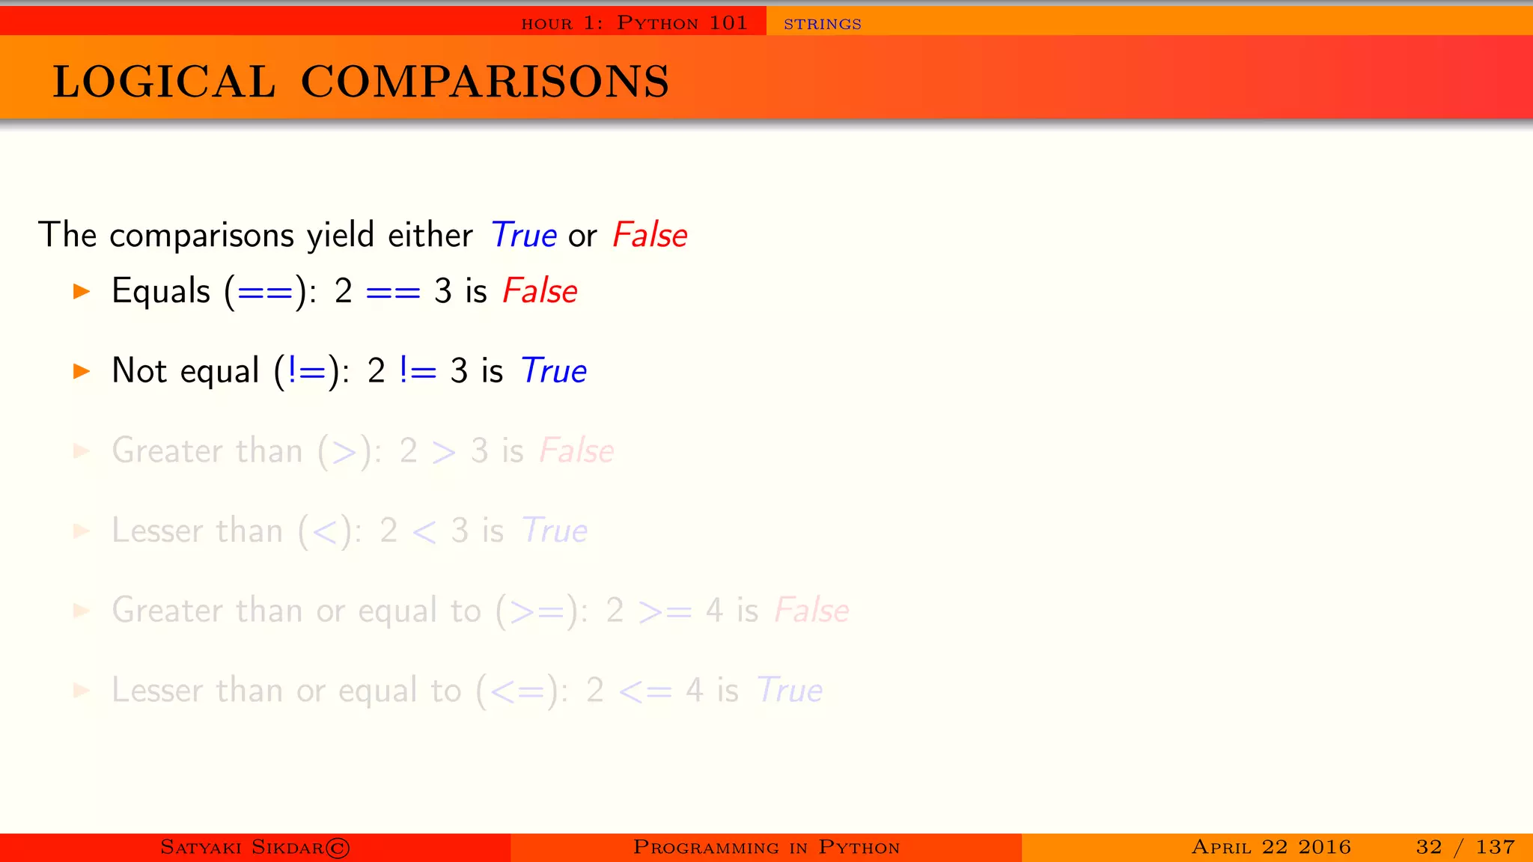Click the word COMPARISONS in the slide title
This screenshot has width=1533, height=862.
484,82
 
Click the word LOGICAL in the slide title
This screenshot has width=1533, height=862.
164,82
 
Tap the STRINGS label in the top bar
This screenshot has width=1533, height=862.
822,24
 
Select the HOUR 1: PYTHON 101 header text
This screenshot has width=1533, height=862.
634,23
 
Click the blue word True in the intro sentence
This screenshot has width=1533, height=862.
523,235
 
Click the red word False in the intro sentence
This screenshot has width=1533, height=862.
649,235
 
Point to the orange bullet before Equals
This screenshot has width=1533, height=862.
82,291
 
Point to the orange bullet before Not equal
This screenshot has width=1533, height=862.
82,371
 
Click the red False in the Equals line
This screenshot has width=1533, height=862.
540,291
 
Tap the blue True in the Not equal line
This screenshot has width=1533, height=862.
553,371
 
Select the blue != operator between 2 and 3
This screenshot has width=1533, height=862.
418,371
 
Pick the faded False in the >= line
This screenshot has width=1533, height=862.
811,611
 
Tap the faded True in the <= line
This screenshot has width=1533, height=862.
789,690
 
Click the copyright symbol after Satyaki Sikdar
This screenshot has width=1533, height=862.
338,848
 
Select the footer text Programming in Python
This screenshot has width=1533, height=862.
766,848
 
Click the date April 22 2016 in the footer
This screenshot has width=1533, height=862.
1271,847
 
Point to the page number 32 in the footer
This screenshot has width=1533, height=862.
1428,847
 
